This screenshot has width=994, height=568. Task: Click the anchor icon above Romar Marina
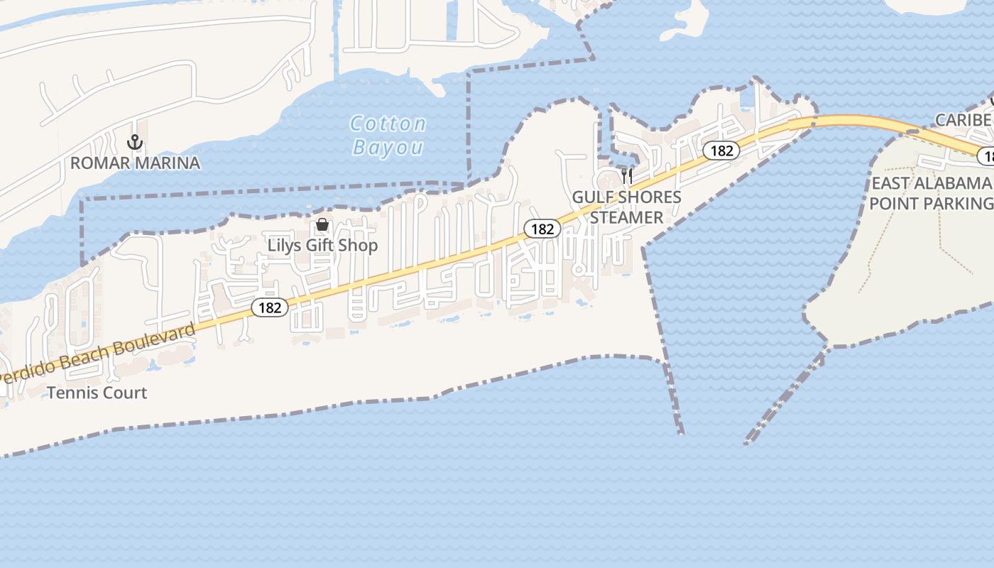click(135, 143)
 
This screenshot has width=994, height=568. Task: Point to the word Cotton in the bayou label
click(388, 124)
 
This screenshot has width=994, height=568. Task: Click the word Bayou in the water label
click(388, 148)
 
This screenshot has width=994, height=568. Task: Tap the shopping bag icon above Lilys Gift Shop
click(322, 225)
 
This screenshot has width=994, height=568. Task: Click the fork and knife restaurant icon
click(626, 175)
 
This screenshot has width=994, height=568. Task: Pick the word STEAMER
click(627, 217)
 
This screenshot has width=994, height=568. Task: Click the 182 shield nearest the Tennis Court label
click(270, 307)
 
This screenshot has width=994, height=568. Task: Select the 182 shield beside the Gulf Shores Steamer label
click(542, 229)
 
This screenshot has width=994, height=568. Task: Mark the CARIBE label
click(963, 120)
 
